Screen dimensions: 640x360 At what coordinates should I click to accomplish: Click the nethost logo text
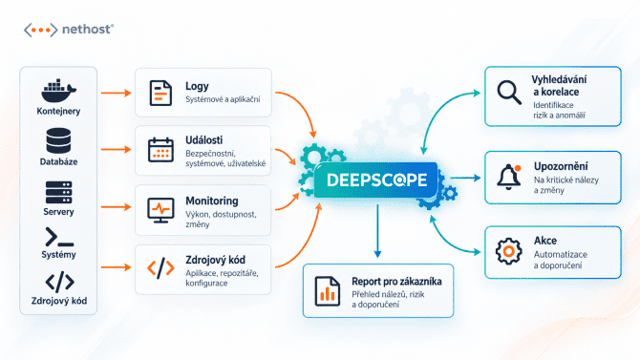(x=87, y=30)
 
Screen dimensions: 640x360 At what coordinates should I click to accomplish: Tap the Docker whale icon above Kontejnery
(x=58, y=91)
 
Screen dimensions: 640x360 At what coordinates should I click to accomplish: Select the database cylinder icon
(x=58, y=140)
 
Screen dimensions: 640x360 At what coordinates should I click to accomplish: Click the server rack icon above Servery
(x=58, y=192)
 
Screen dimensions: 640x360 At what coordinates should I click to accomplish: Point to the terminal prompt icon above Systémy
(x=59, y=237)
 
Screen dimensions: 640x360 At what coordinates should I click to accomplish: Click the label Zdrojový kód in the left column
(x=59, y=301)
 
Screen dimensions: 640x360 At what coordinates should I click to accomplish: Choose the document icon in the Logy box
(x=160, y=93)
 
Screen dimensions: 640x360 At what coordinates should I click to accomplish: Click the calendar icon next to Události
(x=160, y=150)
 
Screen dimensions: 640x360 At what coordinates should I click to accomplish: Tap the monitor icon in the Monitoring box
(x=160, y=210)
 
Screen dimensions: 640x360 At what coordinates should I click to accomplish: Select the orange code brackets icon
(x=160, y=268)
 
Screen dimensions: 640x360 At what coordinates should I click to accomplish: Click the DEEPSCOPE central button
(x=376, y=180)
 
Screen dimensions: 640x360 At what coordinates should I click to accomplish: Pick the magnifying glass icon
(x=509, y=93)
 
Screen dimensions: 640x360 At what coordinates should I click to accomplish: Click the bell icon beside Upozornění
(x=509, y=177)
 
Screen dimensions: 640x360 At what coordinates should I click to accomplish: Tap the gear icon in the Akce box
(x=508, y=251)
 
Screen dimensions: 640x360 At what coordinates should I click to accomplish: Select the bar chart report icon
(x=328, y=291)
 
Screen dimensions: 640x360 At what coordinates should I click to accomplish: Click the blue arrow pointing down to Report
(x=377, y=231)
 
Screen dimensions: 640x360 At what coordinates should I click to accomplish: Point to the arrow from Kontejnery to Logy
(x=117, y=93)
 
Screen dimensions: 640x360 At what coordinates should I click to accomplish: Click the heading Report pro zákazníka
(x=396, y=282)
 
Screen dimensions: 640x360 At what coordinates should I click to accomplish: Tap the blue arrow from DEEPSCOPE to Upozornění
(x=465, y=178)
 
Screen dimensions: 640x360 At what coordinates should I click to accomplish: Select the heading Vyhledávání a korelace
(x=559, y=85)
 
